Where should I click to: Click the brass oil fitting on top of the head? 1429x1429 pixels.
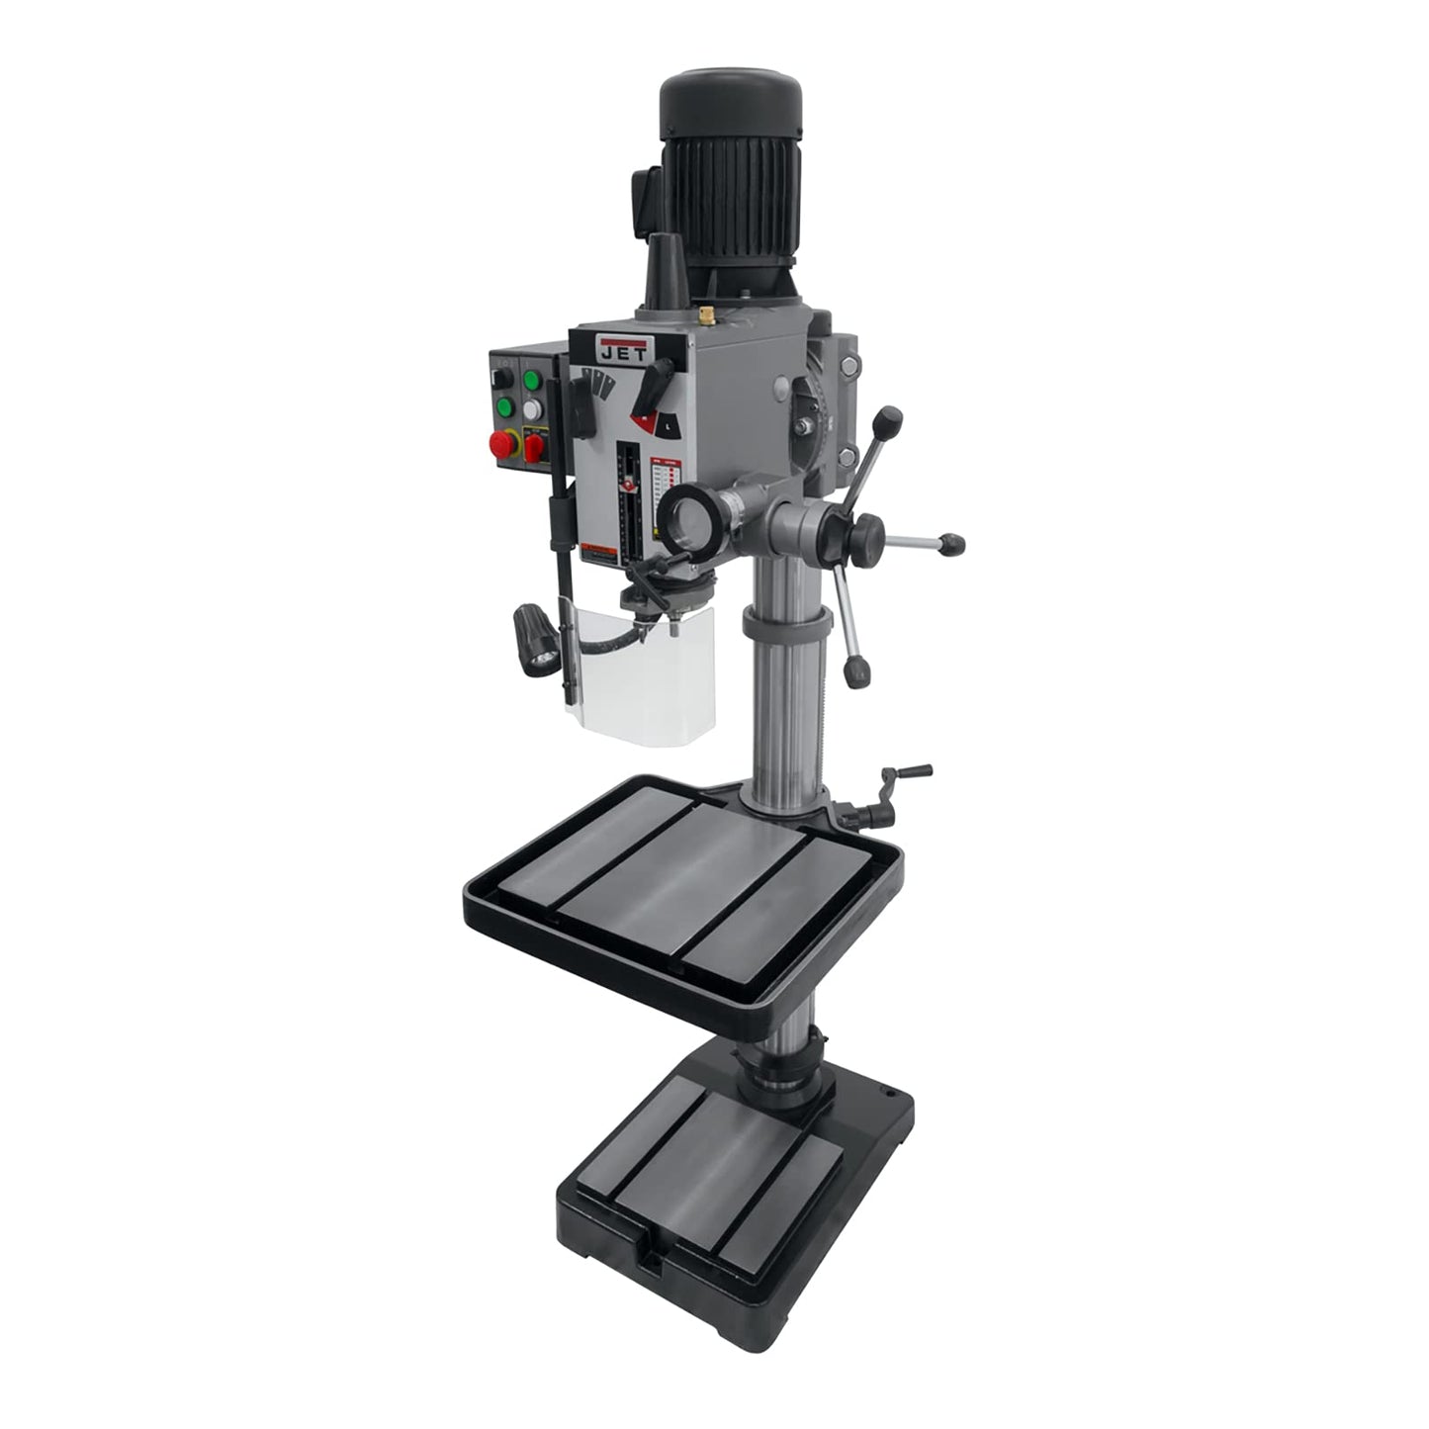tap(706, 315)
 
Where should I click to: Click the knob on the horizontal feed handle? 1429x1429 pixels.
tap(951, 543)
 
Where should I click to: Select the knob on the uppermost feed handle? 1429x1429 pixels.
tap(892, 416)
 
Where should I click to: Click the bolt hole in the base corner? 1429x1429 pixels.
tap(887, 1096)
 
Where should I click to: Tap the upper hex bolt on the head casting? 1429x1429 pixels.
tap(848, 369)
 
